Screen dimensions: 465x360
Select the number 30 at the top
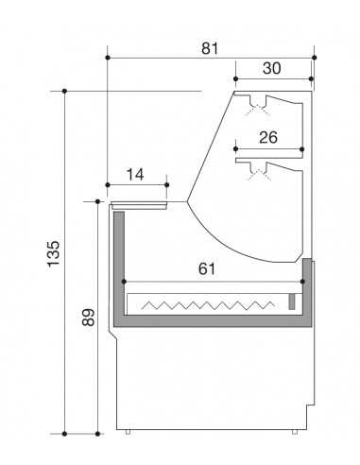point(273,68)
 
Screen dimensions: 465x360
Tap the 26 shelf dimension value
point(268,137)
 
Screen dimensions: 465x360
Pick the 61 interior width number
point(208,269)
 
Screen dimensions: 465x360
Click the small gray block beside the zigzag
point(291,302)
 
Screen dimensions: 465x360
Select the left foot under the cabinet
point(129,433)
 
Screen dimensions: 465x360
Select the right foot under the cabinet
point(292,433)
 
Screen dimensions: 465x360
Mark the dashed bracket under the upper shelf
point(253,109)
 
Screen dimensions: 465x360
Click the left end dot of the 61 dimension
point(123,281)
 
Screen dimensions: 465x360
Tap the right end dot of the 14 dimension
point(166,185)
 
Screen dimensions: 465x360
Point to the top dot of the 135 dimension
point(63,92)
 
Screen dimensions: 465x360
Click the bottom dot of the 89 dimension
point(98,434)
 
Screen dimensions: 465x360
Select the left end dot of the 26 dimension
point(234,148)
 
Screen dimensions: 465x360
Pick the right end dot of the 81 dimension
point(313,56)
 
